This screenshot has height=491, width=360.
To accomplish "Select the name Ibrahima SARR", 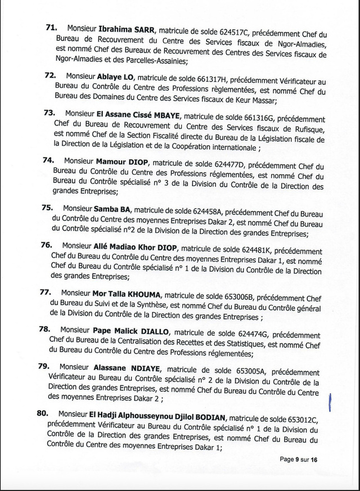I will click(x=122, y=28).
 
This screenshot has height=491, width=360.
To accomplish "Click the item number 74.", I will click(x=48, y=160).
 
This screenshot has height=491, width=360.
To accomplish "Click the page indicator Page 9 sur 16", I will click(x=299, y=460).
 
